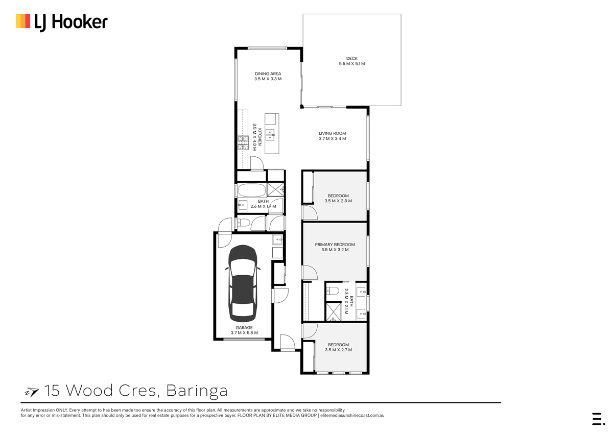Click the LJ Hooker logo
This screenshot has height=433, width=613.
click(x=62, y=22)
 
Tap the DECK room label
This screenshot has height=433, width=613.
click(x=351, y=58)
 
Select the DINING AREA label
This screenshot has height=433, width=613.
click(x=268, y=74)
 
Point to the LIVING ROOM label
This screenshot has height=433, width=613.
click(x=332, y=133)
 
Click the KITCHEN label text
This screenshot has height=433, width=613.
click(x=260, y=137)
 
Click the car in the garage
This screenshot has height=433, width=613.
click(x=243, y=283)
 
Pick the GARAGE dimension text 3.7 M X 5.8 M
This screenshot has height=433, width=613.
click(x=244, y=332)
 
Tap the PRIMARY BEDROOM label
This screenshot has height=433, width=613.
click(x=335, y=245)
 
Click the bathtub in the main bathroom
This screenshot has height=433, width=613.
click(x=251, y=190)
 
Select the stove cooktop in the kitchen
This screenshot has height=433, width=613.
click(x=243, y=143)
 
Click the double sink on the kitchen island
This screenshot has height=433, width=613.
click(x=270, y=135)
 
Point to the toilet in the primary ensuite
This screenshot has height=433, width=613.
click(x=333, y=291)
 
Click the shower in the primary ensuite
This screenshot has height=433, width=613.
click(x=334, y=311)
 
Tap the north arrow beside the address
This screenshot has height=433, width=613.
click(x=32, y=392)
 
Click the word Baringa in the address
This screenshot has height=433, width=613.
click(x=197, y=391)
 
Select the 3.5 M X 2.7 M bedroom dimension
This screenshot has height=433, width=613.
click(x=338, y=350)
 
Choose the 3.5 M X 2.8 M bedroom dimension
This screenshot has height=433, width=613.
click(x=338, y=201)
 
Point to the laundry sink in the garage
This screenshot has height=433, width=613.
click(x=277, y=239)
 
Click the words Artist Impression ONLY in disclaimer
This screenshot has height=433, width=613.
click(x=44, y=410)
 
